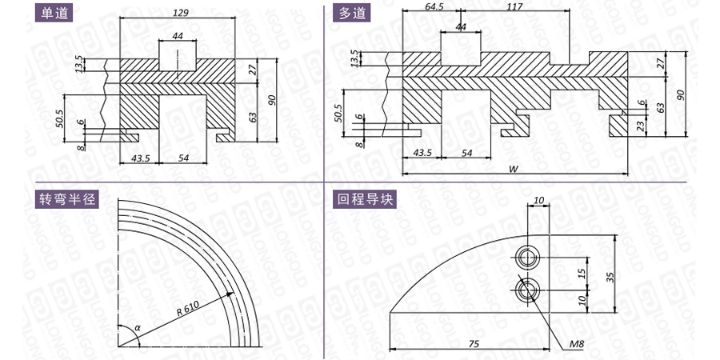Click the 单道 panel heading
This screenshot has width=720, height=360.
coord(54,13)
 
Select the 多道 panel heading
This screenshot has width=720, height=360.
coord(352,13)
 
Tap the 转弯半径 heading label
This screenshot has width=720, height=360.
coord(67,199)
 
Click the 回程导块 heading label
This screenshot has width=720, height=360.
coord(365,199)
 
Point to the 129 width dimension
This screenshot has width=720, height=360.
coord(180,12)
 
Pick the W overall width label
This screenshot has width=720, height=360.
coord(514,169)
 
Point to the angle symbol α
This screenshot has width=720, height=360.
coord(137,327)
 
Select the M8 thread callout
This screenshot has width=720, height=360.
coord(577,344)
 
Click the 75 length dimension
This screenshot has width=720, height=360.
coord(476,343)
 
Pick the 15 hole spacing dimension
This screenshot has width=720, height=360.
coord(581,274)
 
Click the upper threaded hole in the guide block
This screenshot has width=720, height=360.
coord(526,257)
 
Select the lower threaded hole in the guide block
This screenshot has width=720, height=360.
coord(526,290)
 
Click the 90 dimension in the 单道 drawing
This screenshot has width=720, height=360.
coord(272,100)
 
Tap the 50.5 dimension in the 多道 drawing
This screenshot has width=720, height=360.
coord(338,114)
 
